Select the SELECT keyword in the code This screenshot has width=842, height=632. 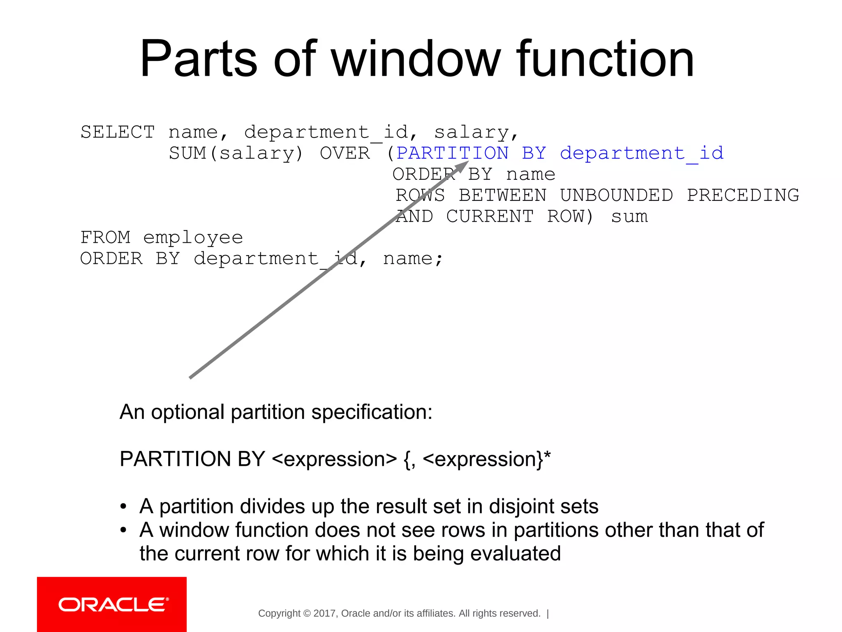tap(118, 132)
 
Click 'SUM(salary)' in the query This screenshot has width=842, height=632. tap(236, 153)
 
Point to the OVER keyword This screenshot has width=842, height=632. tap(345, 153)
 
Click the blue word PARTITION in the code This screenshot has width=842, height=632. tap(452, 153)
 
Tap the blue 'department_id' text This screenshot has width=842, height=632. tap(641, 153)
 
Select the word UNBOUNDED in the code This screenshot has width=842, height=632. tap(616, 195)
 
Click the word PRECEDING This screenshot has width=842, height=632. tap(743, 195)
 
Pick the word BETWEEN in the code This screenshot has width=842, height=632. tap(502, 195)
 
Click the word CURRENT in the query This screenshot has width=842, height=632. tap(490, 216)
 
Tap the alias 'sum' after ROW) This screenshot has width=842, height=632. tap(629, 216)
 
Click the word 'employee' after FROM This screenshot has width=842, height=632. tap(193, 237)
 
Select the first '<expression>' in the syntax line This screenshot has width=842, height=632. tap(334, 459)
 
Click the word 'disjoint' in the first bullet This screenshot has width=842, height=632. tap(520, 506)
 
